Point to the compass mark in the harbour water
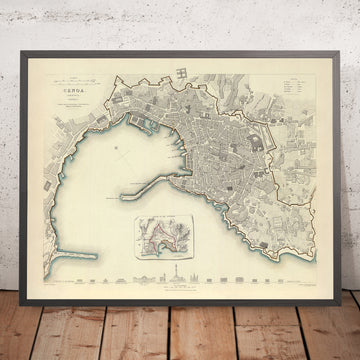(x=117, y=150)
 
